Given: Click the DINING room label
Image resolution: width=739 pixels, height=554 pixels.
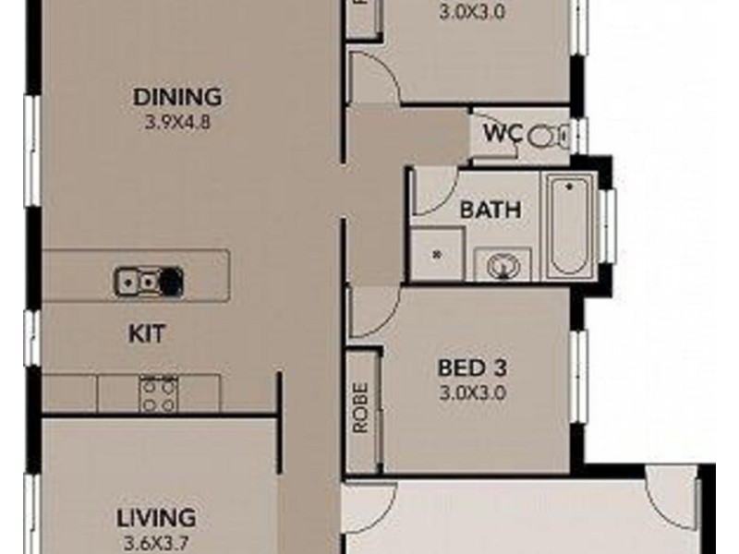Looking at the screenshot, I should (178, 96).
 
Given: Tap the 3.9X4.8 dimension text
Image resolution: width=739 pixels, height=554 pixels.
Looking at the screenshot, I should (178, 119).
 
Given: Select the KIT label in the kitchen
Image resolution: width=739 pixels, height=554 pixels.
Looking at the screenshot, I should (148, 333).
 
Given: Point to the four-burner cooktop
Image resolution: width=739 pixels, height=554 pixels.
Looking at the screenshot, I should (158, 395).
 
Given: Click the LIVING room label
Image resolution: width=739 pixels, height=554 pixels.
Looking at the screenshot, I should (156, 517).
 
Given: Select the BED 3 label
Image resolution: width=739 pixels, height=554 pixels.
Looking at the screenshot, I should (474, 367).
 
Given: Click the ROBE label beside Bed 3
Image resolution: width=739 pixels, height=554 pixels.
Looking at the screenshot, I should (360, 407).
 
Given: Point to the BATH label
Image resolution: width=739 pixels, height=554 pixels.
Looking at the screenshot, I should (491, 210).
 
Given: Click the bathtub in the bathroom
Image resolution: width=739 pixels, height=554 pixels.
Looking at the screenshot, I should (567, 225).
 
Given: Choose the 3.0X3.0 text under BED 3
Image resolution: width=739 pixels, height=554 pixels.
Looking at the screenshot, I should (474, 390).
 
